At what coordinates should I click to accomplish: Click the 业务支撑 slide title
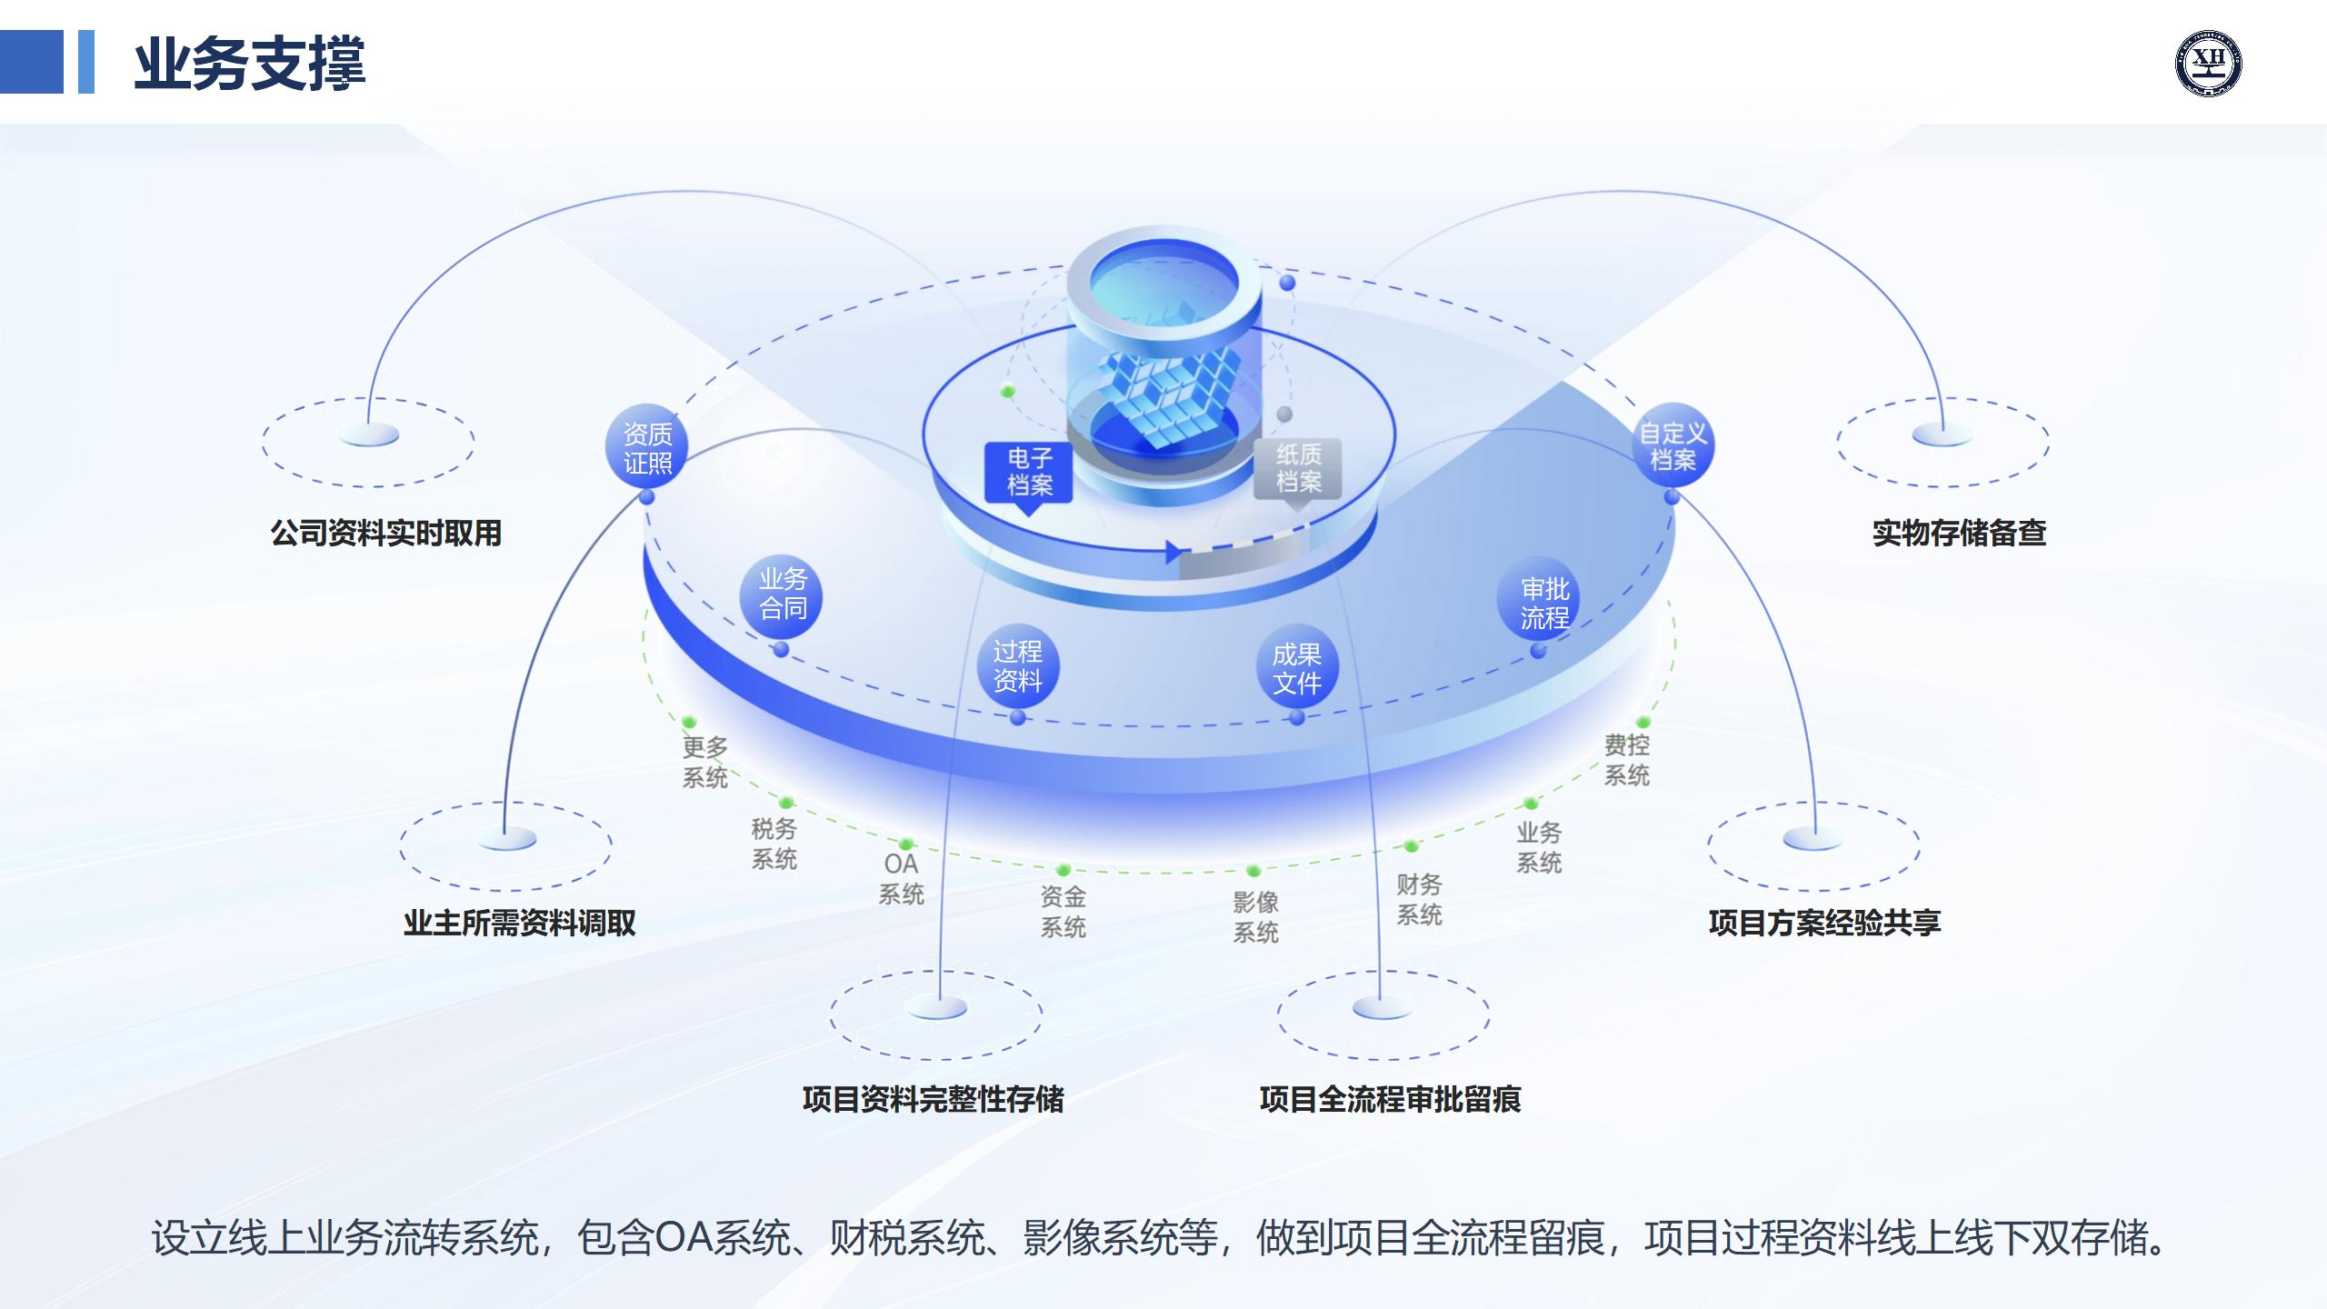point(250,64)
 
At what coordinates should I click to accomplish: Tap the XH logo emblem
point(2208,63)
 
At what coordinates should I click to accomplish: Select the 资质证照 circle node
point(647,448)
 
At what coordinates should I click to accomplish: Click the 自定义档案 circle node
point(1673,446)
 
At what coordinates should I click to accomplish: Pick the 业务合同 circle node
point(783,595)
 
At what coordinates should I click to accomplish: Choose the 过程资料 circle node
point(1017,666)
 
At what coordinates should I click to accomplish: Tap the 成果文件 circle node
point(1296,668)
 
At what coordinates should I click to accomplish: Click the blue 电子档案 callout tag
point(1029,473)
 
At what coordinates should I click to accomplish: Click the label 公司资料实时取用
point(386,533)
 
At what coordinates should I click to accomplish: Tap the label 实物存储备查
point(1960,533)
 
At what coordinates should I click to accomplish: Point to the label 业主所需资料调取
point(520,923)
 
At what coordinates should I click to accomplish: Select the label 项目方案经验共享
point(1825,923)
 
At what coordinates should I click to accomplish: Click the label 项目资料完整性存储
point(934,1099)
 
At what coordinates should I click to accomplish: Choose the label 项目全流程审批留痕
point(1391,1099)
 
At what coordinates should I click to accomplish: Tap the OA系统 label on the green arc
point(901,879)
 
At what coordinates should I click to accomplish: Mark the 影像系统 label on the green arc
point(1255,916)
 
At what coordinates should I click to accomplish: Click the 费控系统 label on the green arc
point(1626,760)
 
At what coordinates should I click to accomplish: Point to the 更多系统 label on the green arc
point(705,762)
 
